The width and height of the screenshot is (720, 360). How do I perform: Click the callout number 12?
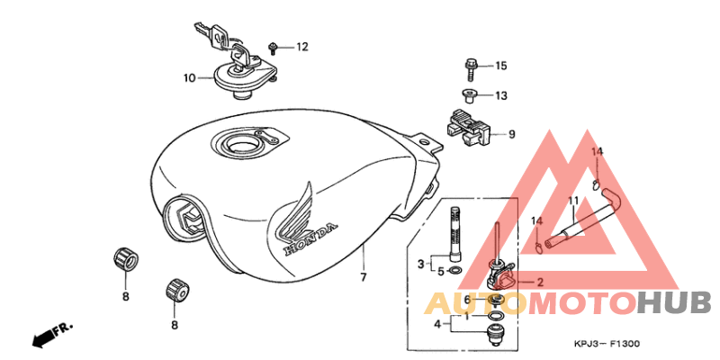[x=301, y=47]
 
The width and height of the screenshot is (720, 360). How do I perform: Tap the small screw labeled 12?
[x=273, y=47]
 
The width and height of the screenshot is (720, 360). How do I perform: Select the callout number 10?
[x=190, y=78]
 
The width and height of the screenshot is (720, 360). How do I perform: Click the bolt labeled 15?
[x=470, y=70]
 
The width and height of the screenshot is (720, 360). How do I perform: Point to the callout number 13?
[x=501, y=96]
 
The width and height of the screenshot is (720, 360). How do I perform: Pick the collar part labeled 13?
[x=468, y=95]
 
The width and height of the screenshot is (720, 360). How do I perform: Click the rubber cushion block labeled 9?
[x=468, y=128]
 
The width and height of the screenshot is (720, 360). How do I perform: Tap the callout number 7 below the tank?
[x=364, y=277]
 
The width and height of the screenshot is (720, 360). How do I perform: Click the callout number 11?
[x=573, y=201]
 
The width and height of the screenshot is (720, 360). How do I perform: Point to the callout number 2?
[x=540, y=282]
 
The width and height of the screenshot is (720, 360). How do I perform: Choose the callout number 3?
[x=420, y=264]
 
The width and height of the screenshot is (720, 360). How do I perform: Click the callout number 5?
[x=441, y=272]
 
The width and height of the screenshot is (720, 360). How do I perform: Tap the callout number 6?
[x=467, y=300]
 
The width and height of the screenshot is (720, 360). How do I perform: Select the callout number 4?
[x=438, y=324]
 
